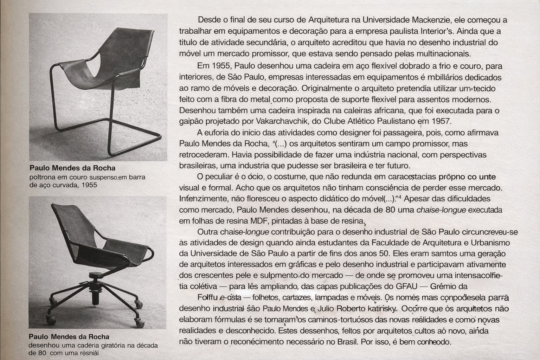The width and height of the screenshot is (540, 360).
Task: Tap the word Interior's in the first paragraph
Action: (433, 31)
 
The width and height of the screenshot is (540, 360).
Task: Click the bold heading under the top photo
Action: (72, 168)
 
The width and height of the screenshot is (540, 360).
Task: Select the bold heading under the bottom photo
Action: (69, 336)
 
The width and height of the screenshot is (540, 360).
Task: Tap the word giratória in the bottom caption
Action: (109, 345)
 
